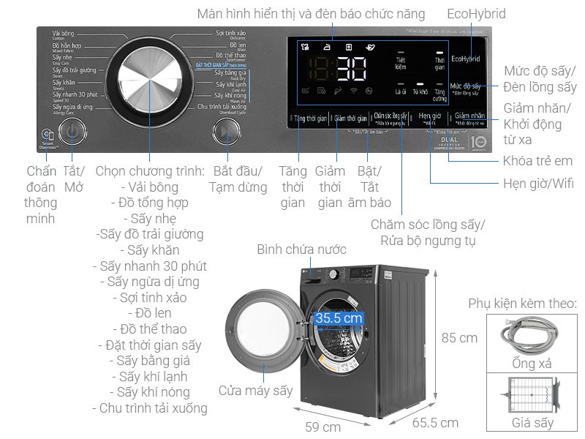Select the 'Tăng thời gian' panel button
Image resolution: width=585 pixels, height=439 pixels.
pyautogui.click(x=309, y=118)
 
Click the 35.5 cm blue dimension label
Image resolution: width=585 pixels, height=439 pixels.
pyautogui.click(x=339, y=318)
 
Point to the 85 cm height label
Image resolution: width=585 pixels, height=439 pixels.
pyautogui.click(x=458, y=337)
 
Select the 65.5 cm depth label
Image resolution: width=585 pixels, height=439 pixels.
pyautogui.click(x=435, y=423)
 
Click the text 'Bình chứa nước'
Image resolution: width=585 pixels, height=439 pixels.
pyautogui.click(x=301, y=250)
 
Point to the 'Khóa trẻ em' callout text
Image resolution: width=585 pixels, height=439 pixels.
pyautogui.click(x=537, y=161)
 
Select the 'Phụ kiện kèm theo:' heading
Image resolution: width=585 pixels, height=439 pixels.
pyautogui.click(x=523, y=303)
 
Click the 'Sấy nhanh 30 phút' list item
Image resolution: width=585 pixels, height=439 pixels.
pyautogui.click(x=154, y=266)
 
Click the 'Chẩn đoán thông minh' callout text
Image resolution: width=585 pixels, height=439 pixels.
pyautogui.click(x=41, y=195)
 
